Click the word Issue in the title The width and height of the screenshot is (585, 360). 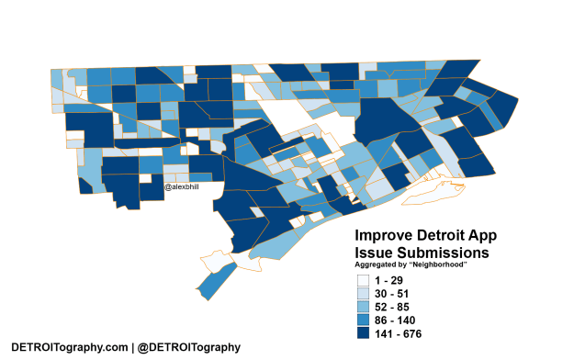(x=377, y=252)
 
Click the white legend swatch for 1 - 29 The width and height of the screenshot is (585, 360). (x=366, y=279)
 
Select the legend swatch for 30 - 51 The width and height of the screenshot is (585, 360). (x=366, y=293)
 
